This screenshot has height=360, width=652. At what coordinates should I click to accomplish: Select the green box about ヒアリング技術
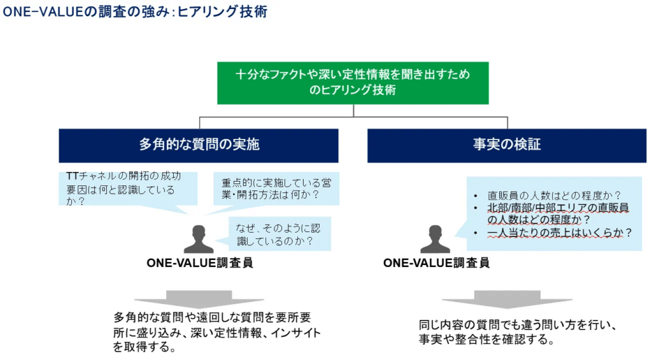353,83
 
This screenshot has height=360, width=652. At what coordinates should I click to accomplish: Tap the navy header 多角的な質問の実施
199,145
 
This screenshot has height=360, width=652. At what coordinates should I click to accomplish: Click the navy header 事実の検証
507,145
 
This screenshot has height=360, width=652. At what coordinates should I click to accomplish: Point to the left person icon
199,240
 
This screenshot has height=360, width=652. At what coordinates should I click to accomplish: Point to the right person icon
436,240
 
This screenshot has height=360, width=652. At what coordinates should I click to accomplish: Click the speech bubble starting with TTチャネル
121,189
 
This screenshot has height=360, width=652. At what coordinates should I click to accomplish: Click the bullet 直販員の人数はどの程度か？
554,196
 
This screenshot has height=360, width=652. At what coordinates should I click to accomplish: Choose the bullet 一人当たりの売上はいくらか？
560,233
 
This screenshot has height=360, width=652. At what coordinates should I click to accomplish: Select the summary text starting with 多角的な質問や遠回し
216,333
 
